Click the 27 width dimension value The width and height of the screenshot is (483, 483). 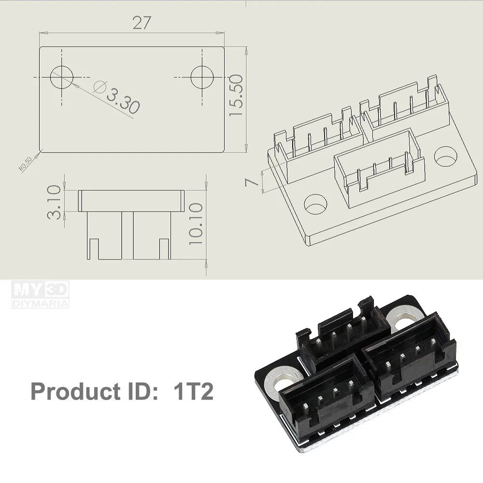[x=141, y=23]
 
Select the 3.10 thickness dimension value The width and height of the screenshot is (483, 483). [x=55, y=201]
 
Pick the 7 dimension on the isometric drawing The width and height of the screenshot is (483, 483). [x=250, y=182]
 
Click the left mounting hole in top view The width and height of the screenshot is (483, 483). [x=62, y=77]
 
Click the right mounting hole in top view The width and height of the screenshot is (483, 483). [x=202, y=77]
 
